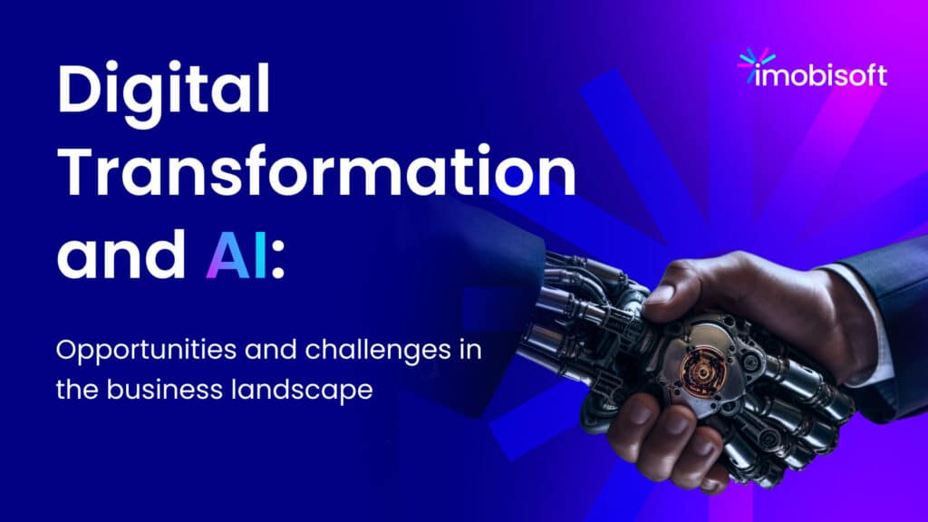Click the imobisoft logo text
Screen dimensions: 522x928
click(x=821, y=75)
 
